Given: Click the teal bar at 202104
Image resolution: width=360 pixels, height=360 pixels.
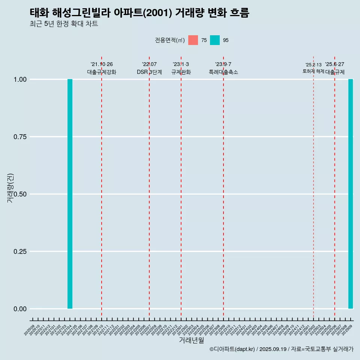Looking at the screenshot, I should (x=70, y=194).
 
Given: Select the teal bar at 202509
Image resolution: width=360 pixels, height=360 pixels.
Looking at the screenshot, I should (x=351, y=194).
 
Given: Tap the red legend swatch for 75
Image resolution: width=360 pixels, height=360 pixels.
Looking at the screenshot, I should (x=193, y=40).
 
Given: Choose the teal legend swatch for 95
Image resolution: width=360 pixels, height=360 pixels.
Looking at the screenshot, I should (x=215, y=40).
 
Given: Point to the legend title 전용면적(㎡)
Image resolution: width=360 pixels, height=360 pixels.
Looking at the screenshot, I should (x=170, y=40).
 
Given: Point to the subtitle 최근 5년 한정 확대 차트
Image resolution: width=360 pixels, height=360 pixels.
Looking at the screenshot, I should (x=64, y=24).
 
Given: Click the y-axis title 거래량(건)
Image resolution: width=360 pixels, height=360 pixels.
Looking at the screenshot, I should (x=10, y=187).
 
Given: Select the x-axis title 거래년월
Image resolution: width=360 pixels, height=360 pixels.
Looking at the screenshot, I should (x=191, y=340).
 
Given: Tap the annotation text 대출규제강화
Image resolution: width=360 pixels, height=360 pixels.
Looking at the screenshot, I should (x=102, y=72).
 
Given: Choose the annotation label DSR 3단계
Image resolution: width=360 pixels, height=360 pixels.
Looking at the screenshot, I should (x=149, y=72).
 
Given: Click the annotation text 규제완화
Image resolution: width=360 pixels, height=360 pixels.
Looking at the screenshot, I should (x=181, y=72).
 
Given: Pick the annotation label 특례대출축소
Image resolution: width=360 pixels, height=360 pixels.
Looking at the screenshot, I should (x=223, y=72).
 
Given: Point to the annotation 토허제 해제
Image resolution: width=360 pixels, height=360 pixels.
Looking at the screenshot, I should (x=313, y=71).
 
